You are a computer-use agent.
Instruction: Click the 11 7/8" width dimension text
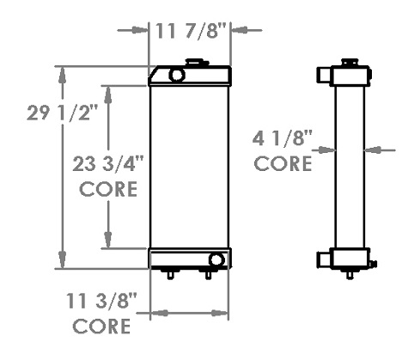191,31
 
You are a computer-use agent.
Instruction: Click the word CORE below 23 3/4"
108,190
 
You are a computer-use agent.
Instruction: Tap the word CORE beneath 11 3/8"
101,326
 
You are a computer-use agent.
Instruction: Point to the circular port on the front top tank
177,76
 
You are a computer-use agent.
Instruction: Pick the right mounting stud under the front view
208,274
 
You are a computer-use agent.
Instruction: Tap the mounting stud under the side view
349,274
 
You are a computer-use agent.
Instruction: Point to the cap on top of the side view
350,62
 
